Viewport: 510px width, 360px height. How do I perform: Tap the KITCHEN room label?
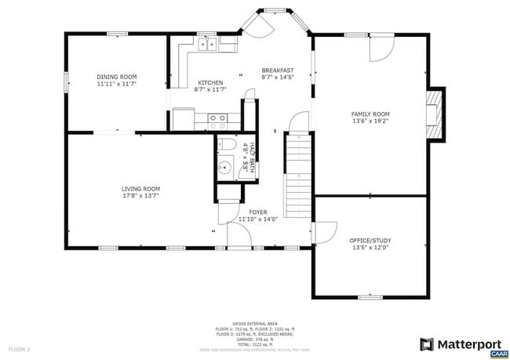(209, 82)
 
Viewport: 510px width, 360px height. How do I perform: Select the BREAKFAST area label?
(277, 70)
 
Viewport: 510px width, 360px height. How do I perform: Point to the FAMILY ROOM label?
(370, 115)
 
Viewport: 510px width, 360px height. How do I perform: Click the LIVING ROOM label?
(140, 188)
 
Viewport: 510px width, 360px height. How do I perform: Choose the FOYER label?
(258, 212)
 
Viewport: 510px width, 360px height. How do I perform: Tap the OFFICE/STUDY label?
(370, 240)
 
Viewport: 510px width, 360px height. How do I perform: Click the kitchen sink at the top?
(208, 45)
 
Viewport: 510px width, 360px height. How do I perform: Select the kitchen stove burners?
(217, 119)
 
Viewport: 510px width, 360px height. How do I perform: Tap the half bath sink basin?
(225, 166)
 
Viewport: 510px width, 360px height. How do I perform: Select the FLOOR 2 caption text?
(20, 348)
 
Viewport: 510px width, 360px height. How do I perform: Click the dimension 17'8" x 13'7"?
(140, 195)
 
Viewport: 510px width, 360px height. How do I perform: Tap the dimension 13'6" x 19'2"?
(370, 122)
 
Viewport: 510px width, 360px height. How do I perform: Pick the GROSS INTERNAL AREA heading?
(256, 322)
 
